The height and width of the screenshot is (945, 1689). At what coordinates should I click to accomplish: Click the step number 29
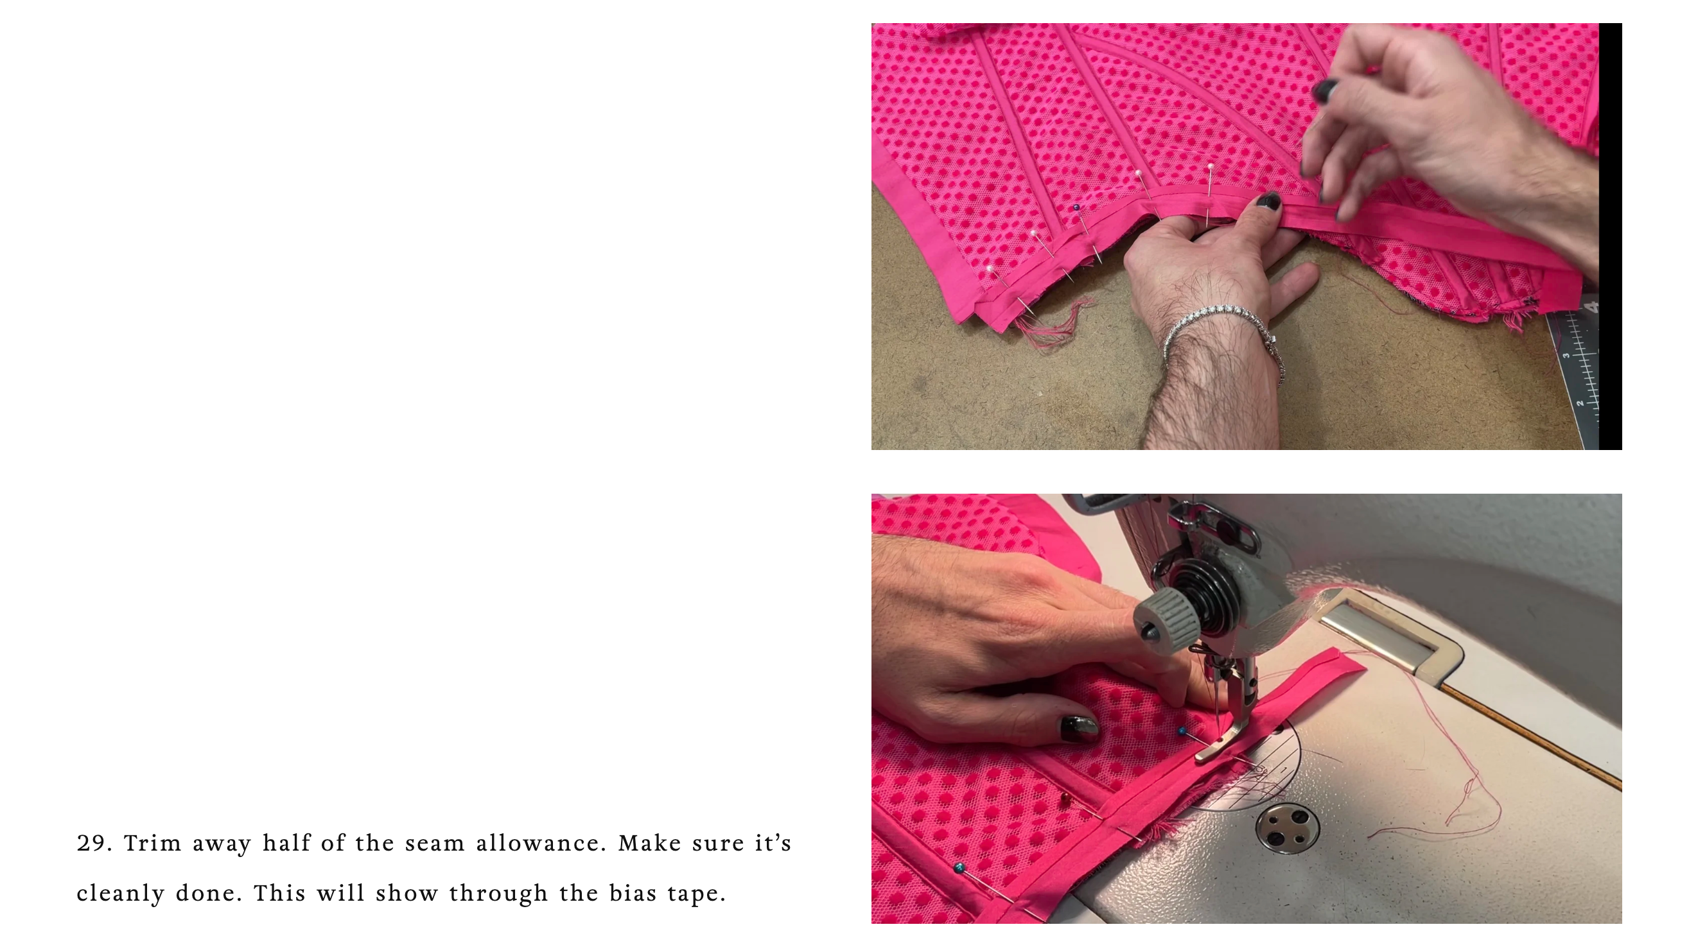tap(94, 843)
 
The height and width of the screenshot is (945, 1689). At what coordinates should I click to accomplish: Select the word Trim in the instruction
tap(152, 843)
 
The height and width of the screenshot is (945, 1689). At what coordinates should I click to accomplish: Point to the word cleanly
tap(121, 894)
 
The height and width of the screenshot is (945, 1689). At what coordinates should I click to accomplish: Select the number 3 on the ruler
tap(1566, 356)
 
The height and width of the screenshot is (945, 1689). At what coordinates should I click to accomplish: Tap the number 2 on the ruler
tap(1580, 403)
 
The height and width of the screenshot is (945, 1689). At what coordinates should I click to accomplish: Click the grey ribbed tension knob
tap(1163, 619)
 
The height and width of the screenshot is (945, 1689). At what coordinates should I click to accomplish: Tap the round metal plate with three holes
tap(1286, 829)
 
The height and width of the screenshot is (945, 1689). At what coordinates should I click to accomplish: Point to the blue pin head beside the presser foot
tap(1182, 731)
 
